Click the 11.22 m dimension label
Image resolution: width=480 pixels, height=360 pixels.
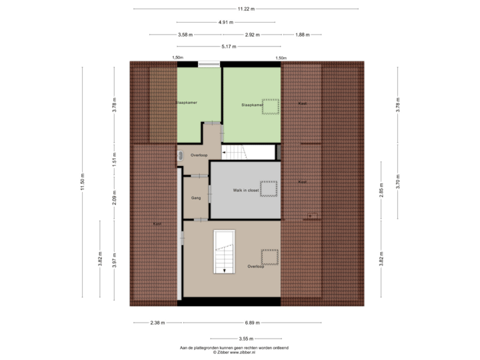pyautogui.click(x=245, y=9)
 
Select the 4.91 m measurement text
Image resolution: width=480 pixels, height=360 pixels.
pyautogui.click(x=227, y=22)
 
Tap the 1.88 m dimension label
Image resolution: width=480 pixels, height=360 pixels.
pyautogui.click(x=302, y=34)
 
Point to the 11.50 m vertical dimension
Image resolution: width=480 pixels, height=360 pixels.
pyautogui.click(x=83, y=183)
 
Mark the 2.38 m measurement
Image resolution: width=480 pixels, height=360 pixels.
pyautogui.click(x=157, y=323)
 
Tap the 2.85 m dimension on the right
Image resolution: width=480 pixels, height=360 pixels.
pyautogui.click(x=381, y=190)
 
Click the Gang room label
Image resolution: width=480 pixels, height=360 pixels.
pyautogui.click(x=196, y=198)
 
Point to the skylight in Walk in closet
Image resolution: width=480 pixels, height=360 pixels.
pyautogui.click(x=269, y=188)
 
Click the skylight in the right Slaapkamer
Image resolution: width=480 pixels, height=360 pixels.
pyautogui.click(x=270, y=106)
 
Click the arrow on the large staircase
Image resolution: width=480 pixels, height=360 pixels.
pyautogui.click(x=225, y=269)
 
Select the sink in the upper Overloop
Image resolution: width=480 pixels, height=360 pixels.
pyautogui.click(x=181, y=155)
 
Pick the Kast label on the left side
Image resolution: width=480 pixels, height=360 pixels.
pyautogui.click(x=156, y=223)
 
